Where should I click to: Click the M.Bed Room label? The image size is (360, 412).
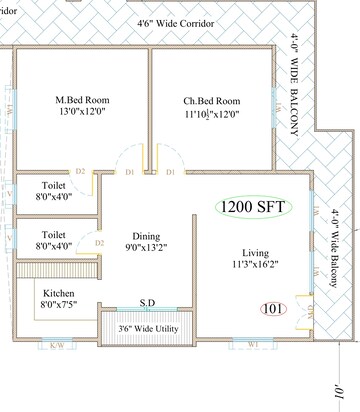pyautogui.click(x=82, y=100)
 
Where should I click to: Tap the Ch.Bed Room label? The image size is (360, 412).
pyautogui.click(x=211, y=101)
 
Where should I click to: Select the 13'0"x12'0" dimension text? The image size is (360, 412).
pyautogui.click(x=82, y=114)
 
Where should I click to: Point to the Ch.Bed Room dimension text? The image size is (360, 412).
pyautogui.click(x=211, y=114)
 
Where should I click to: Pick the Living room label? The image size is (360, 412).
pyautogui.click(x=257, y=253)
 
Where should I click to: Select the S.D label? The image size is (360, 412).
pyautogui.click(x=146, y=301)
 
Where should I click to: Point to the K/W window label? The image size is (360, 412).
pyautogui.click(x=56, y=347)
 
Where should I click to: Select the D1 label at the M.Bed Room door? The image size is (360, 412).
pyautogui.click(x=130, y=173)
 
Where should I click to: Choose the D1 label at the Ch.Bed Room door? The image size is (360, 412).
pyautogui.click(x=171, y=173)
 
